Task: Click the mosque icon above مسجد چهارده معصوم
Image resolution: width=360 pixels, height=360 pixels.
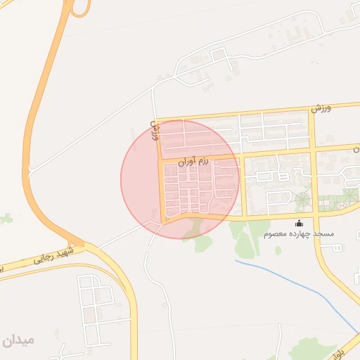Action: pos(299,223)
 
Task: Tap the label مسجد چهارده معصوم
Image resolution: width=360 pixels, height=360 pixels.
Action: pos(299,233)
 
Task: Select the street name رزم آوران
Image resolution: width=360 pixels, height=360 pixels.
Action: pos(194,162)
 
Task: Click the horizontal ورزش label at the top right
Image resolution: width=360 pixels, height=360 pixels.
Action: pos(321,108)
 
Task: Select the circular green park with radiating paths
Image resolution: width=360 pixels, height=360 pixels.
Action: pos(302,200)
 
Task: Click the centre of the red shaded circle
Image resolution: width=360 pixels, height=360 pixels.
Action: pos(180,179)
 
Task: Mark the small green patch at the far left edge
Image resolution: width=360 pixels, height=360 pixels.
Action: pos(6,219)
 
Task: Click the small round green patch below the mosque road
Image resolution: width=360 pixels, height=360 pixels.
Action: pos(278,250)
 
